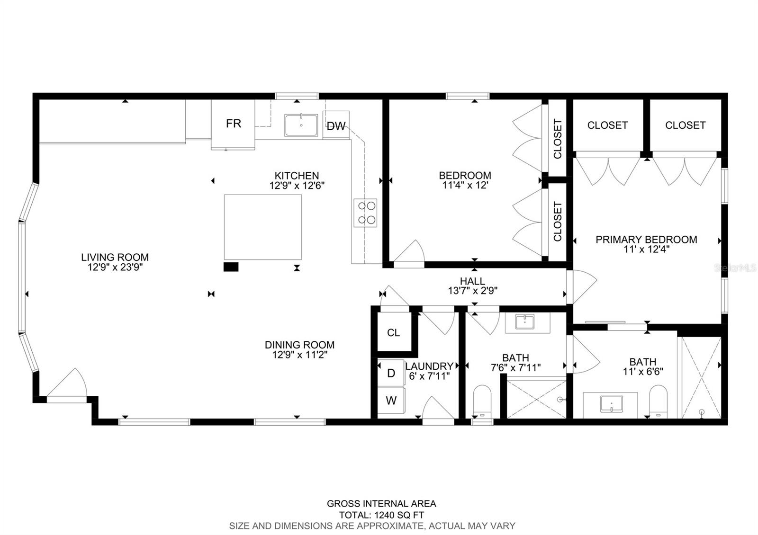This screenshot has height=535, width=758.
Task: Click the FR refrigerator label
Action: [x=234, y=124]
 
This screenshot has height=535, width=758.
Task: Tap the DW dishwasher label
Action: [x=336, y=126]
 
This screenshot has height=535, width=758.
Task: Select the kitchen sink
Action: [x=301, y=125]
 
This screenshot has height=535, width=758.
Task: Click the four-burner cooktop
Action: [x=365, y=213]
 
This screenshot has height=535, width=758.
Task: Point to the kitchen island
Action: [x=262, y=227]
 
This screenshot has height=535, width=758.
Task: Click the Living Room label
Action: [x=115, y=258]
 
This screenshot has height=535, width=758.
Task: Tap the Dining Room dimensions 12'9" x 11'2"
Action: [x=300, y=355]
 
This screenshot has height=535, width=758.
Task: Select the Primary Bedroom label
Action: [x=646, y=240]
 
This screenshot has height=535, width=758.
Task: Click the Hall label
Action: [x=472, y=281]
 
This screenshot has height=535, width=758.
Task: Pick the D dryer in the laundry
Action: [x=391, y=373]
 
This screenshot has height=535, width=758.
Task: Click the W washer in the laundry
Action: [x=391, y=401]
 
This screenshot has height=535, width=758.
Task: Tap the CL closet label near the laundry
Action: [x=393, y=333]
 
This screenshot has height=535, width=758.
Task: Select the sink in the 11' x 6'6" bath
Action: [x=611, y=404]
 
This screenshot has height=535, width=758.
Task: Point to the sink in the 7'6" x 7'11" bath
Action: [x=525, y=321]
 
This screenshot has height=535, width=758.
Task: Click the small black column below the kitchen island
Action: [x=231, y=267]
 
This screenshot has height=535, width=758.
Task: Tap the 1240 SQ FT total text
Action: [x=399, y=515]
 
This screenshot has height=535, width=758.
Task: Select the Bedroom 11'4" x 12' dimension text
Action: [x=465, y=185]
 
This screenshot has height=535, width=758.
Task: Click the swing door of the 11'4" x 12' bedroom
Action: [x=409, y=251]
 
